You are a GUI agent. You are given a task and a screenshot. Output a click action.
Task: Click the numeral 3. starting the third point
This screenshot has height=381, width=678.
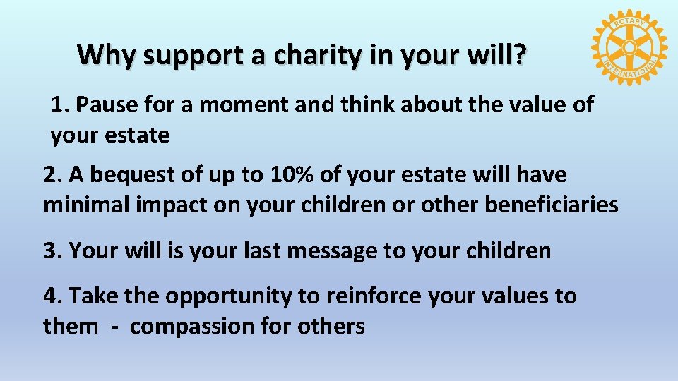pos(53,251)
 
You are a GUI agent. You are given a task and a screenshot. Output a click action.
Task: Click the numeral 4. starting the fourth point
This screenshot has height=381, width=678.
pos(53,296)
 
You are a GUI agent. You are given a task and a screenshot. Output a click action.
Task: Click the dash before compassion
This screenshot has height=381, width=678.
pos(114,327)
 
